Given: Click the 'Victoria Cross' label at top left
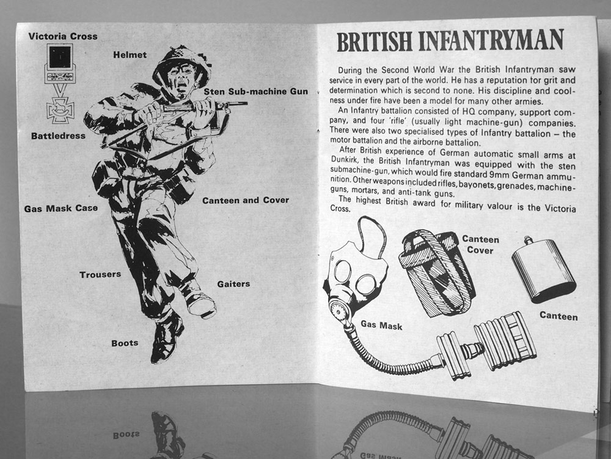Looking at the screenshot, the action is (x=63, y=36).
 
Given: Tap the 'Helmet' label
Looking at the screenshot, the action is (x=130, y=55).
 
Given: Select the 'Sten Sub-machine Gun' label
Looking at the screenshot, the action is (x=255, y=92).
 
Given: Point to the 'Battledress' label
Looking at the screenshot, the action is (x=58, y=136).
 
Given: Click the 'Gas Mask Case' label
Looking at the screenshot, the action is (x=60, y=209).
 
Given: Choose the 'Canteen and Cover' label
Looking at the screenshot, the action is (x=246, y=200).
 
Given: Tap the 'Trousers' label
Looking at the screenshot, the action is (x=100, y=274).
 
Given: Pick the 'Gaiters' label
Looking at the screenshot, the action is (x=233, y=284).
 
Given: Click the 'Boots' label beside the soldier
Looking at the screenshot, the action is (x=125, y=343).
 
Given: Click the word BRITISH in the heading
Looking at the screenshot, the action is (x=374, y=42).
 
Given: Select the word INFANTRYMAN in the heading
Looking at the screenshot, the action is (x=491, y=40).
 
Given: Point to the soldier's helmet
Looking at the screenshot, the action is (x=182, y=62).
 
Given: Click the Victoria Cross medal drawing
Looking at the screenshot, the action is (x=60, y=83).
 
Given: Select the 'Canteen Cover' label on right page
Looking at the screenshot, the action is (x=480, y=245).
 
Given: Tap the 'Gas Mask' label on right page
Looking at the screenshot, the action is (x=381, y=325).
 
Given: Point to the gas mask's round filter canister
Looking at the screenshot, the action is (x=505, y=340).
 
